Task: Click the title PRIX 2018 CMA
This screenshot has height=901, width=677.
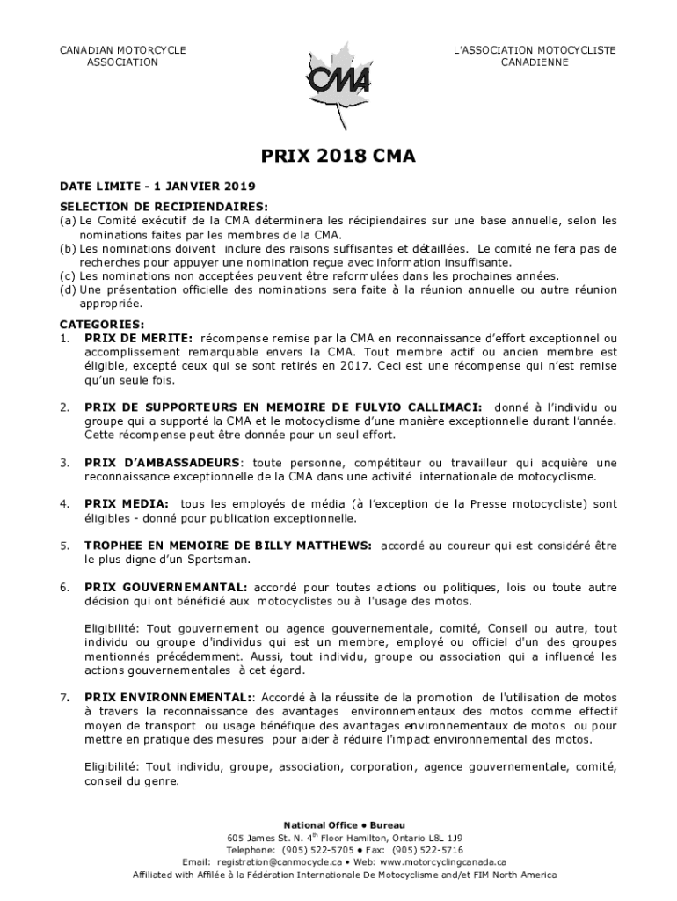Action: (x=338, y=157)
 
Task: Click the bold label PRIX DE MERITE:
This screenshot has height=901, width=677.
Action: (x=138, y=338)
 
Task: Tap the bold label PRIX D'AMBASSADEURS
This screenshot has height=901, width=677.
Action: (x=162, y=463)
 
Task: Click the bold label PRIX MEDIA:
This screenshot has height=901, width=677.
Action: (x=127, y=504)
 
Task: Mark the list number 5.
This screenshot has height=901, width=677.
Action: (x=63, y=546)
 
